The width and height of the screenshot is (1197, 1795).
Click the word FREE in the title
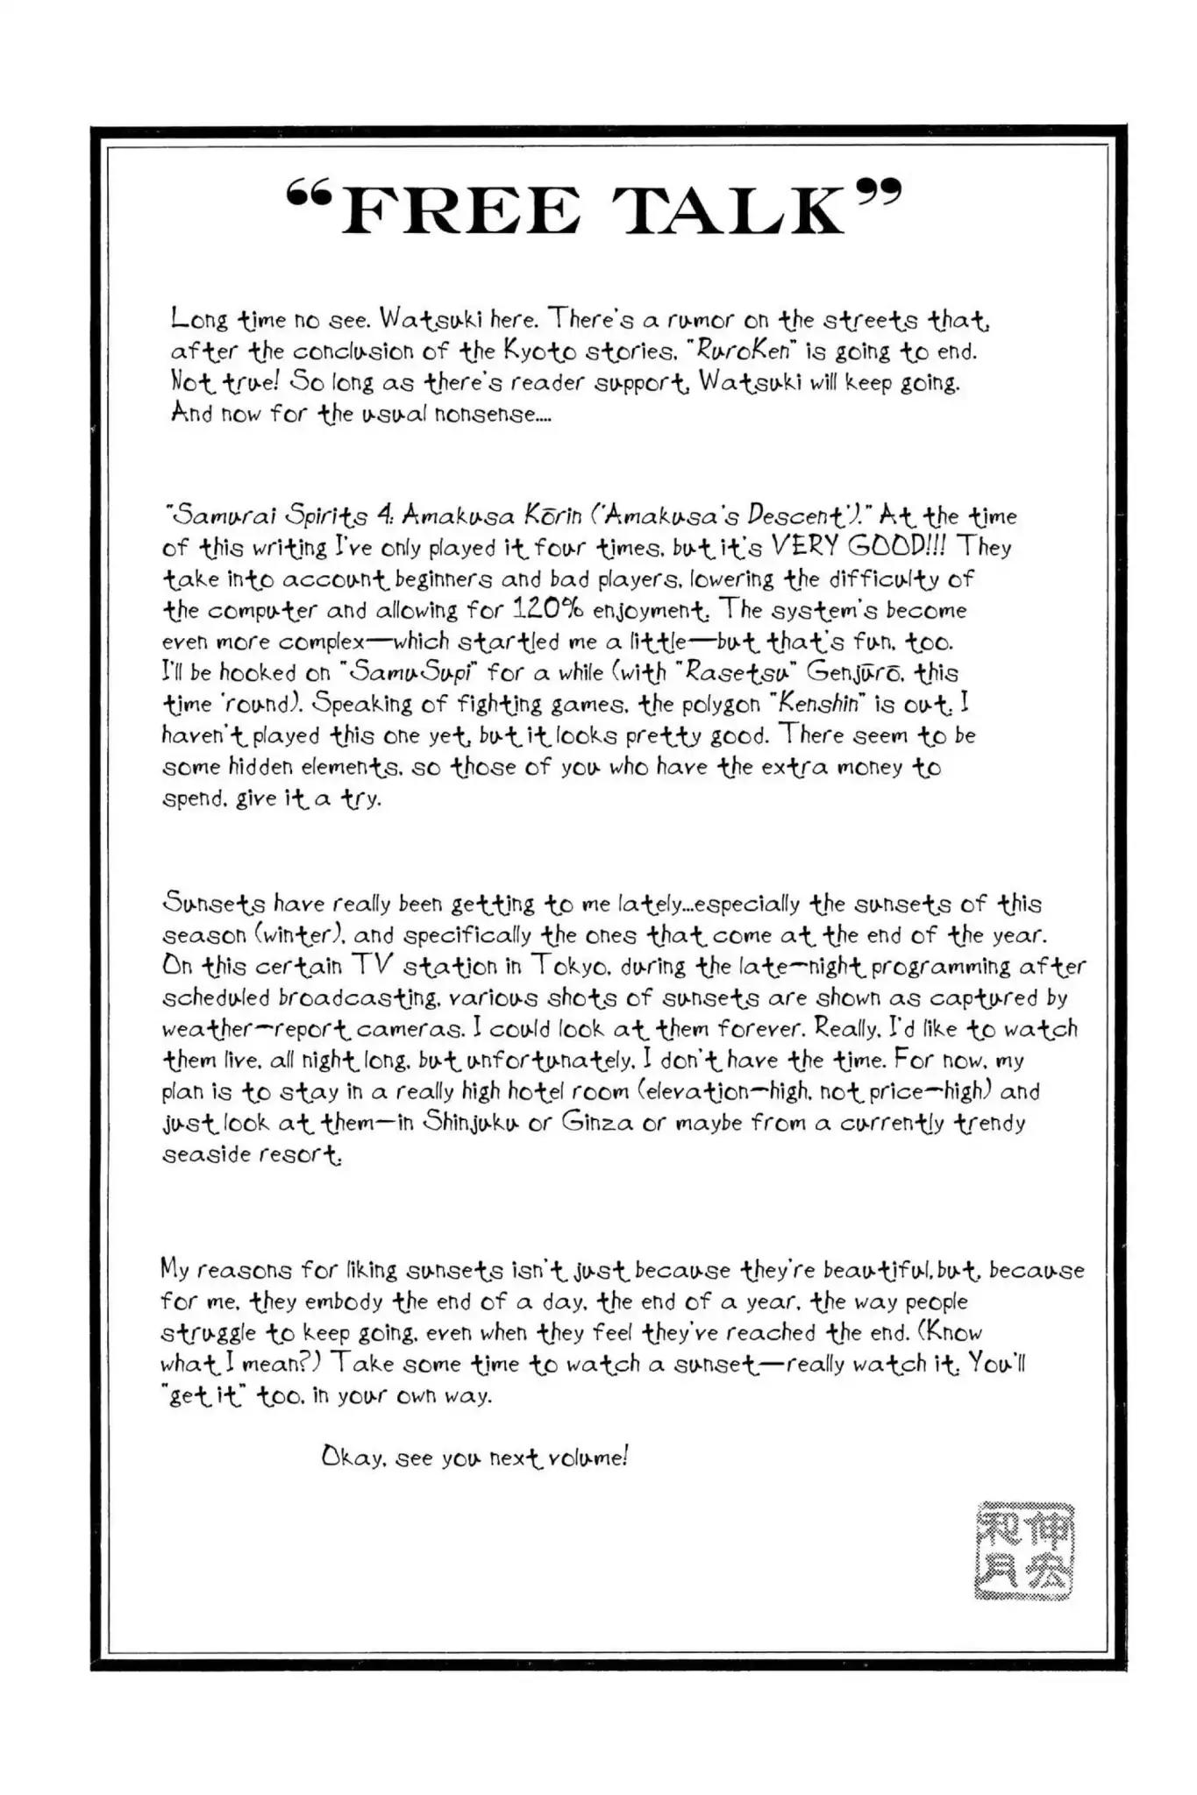pyautogui.click(x=460, y=211)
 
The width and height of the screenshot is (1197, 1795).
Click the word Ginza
pyautogui.click(x=592, y=1123)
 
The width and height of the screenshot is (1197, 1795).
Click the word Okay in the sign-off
pyautogui.click(x=353, y=1458)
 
